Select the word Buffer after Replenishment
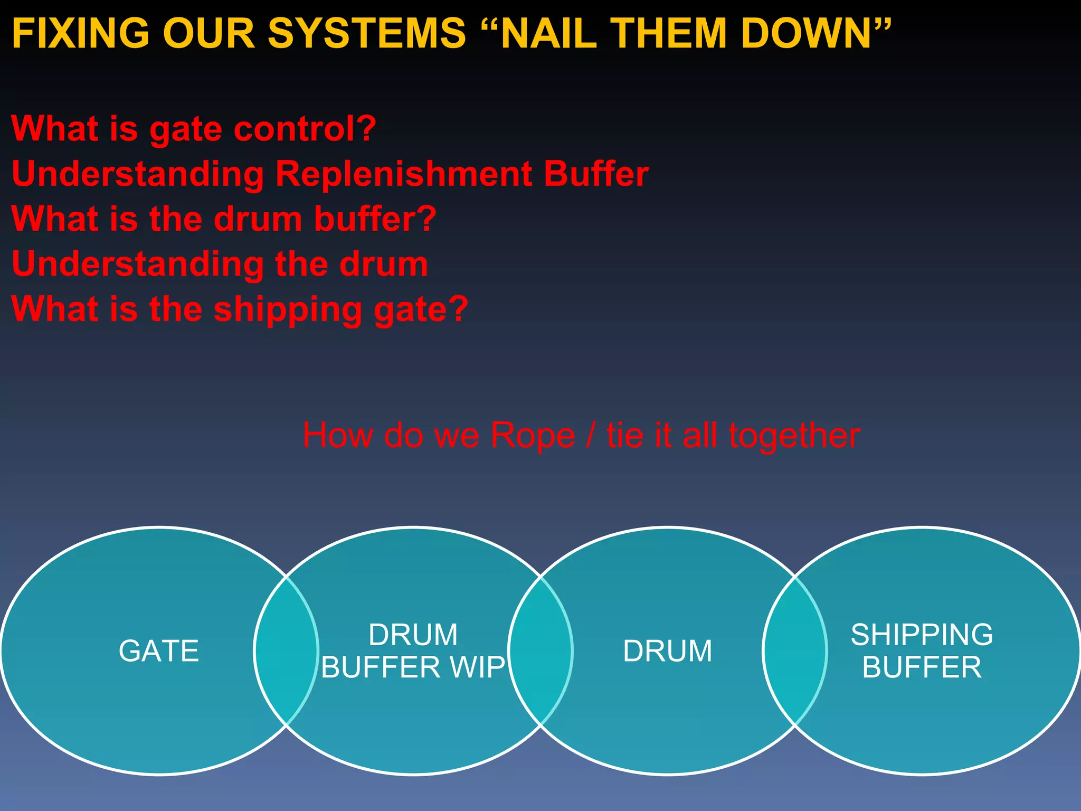[596, 174]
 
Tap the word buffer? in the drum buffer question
[375, 219]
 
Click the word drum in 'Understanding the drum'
[383, 263]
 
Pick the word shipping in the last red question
[288, 309]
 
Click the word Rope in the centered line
[533, 436]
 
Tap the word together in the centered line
[794, 436]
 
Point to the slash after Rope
[591, 436]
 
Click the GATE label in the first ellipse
[159, 650]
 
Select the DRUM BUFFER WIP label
[413, 650]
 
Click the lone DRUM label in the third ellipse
[667, 650]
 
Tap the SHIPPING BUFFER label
[922, 650]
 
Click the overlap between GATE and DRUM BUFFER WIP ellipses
[286, 650]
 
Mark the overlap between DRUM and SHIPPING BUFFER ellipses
[794, 650]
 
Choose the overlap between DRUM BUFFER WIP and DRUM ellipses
[540, 650]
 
